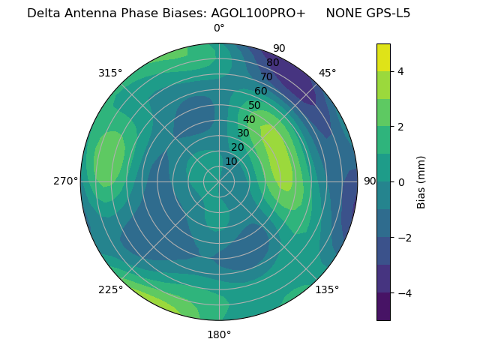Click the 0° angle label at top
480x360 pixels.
coord(219,28)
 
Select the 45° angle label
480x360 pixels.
coord(327,73)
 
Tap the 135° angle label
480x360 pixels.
coord(327,289)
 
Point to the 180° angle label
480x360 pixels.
coord(219,334)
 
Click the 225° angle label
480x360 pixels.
coord(110,289)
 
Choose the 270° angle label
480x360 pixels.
coord(66,181)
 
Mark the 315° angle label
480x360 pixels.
coord(110,73)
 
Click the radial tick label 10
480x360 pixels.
coord(231,161)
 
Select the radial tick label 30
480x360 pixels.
coord(243,133)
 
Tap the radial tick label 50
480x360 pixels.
coord(255,106)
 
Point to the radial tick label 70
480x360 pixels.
coord(267,76)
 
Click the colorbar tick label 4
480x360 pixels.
coord(400,71)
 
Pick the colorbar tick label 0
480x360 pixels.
coord(400,182)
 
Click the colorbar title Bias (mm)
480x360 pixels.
coord(421,181)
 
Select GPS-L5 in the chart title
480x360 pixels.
coord(384,13)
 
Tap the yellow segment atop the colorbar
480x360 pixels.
coord(383,57)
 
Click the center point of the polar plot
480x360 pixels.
coord(219,181)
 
